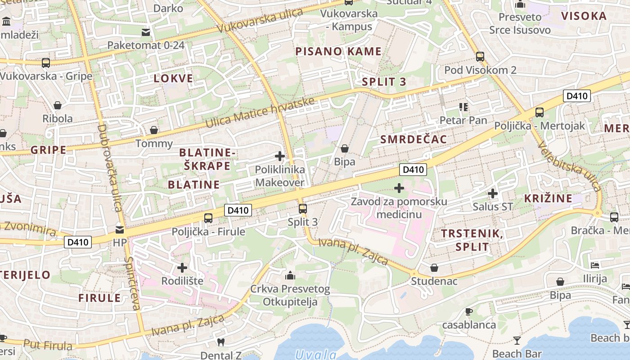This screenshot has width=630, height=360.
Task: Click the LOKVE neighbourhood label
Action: [x=173, y=78]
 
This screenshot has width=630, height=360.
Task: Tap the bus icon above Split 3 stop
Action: [x=303, y=209]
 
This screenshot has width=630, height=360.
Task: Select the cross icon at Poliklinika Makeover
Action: [x=280, y=157]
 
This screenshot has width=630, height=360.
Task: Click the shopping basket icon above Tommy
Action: [x=154, y=130]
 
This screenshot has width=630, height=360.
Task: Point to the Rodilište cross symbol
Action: [x=182, y=268]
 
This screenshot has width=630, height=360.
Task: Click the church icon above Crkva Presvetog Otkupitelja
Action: [x=290, y=275]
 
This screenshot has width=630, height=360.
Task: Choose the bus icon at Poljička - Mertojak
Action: [x=539, y=112]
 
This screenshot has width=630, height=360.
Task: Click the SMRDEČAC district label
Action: [x=414, y=139]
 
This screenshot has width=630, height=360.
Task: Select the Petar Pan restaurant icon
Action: [x=463, y=107]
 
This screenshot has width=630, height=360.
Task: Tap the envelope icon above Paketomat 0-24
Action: [x=146, y=32]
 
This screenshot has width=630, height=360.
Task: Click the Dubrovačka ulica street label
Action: [x=109, y=167]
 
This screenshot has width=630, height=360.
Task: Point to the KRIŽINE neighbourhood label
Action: [x=548, y=198]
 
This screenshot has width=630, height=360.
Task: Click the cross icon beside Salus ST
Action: [x=493, y=193]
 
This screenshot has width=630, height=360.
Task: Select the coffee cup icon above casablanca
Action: [x=468, y=311]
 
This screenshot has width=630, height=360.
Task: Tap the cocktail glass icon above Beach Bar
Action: [x=517, y=340]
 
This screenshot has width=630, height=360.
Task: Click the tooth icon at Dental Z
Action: [x=220, y=342]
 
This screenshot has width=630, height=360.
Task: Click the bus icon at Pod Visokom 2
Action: [x=480, y=57]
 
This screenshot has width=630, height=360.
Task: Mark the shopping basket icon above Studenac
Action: [x=434, y=268]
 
